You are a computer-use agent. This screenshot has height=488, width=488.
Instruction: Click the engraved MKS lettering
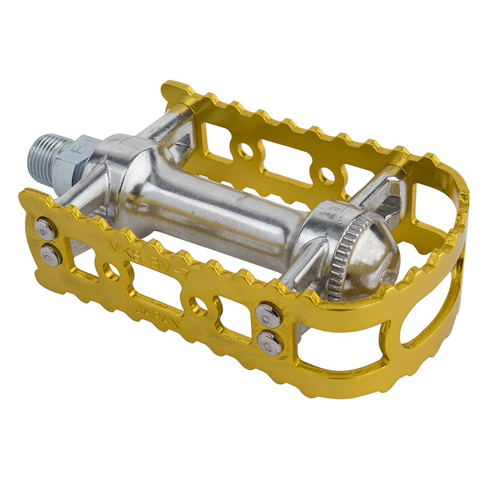(x=120, y=248)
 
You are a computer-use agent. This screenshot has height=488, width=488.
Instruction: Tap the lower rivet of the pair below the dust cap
(x=269, y=342)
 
